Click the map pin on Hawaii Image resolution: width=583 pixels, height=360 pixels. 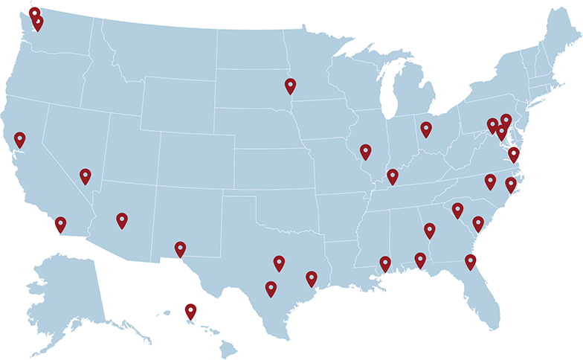coord(190,311)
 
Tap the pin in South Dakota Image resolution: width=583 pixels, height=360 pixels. coord(290,86)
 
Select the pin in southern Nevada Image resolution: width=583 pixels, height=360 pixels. coord(86,176)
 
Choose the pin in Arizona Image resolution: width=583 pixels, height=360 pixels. coord(122,219)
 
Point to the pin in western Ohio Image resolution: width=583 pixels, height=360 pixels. coord(426,129)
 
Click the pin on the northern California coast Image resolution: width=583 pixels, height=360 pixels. coord(19,138)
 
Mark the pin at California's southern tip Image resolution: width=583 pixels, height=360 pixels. coord(60,223)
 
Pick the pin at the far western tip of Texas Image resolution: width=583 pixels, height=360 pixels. coord(180,248)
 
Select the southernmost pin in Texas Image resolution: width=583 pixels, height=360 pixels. coord(271,289)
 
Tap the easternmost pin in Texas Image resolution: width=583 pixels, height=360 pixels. coord(311,278)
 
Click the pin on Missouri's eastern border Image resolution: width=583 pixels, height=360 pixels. coord(365,151)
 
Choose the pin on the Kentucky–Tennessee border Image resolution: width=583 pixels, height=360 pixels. coord(393,176)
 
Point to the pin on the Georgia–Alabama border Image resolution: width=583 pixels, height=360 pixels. coord(429,230)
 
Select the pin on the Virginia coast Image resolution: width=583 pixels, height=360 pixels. coord(514,154)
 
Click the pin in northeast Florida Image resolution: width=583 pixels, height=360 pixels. coord(470,260)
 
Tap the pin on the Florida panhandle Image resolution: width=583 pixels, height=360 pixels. coord(420,259)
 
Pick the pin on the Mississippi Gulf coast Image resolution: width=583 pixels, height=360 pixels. coord(385,263)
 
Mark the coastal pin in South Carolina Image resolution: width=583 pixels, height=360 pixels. coord(478,223)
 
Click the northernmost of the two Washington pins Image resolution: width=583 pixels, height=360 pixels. coord(34,13)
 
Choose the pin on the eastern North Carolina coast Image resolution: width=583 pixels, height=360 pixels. coord(511,184)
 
